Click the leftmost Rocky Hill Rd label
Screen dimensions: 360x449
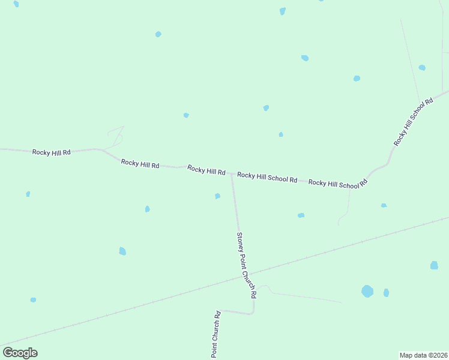pyautogui.click(x=52, y=152)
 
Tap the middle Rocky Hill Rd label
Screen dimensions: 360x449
pyautogui.click(x=140, y=163)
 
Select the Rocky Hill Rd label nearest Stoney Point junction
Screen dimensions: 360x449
pyautogui.click(x=206, y=170)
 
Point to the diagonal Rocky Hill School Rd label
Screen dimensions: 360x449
pyautogui.click(x=414, y=122)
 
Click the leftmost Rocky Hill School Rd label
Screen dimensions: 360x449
pyautogui.click(x=267, y=177)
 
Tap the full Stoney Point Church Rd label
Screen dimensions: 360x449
pyautogui.click(x=247, y=265)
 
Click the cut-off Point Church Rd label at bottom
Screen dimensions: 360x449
pyautogui.click(x=215, y=335)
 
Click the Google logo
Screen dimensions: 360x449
pyautogui.click(x=20, y=352)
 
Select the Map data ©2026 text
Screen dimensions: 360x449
pyautogui.click(x=423, y=355)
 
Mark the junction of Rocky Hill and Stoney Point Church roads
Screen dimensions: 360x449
pyautogui.click(x=232, y=174)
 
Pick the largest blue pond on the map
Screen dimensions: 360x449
pyautogui.click(x=367, y=291)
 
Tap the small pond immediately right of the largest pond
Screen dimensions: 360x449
pyautogui.click(x=386, y=293)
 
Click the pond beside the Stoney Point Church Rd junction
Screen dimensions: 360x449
pyautogui.click(x=217, y=196)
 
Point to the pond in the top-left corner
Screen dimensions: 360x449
pyautogui.click(x=16, y=4)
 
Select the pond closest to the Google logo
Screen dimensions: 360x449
pyautogui.click(x=33, y=299)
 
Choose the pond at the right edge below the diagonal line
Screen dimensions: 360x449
pyautogui.click(x=434, y=265)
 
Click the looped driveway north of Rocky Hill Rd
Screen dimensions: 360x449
pyautogui.click(x=116, y=137)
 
